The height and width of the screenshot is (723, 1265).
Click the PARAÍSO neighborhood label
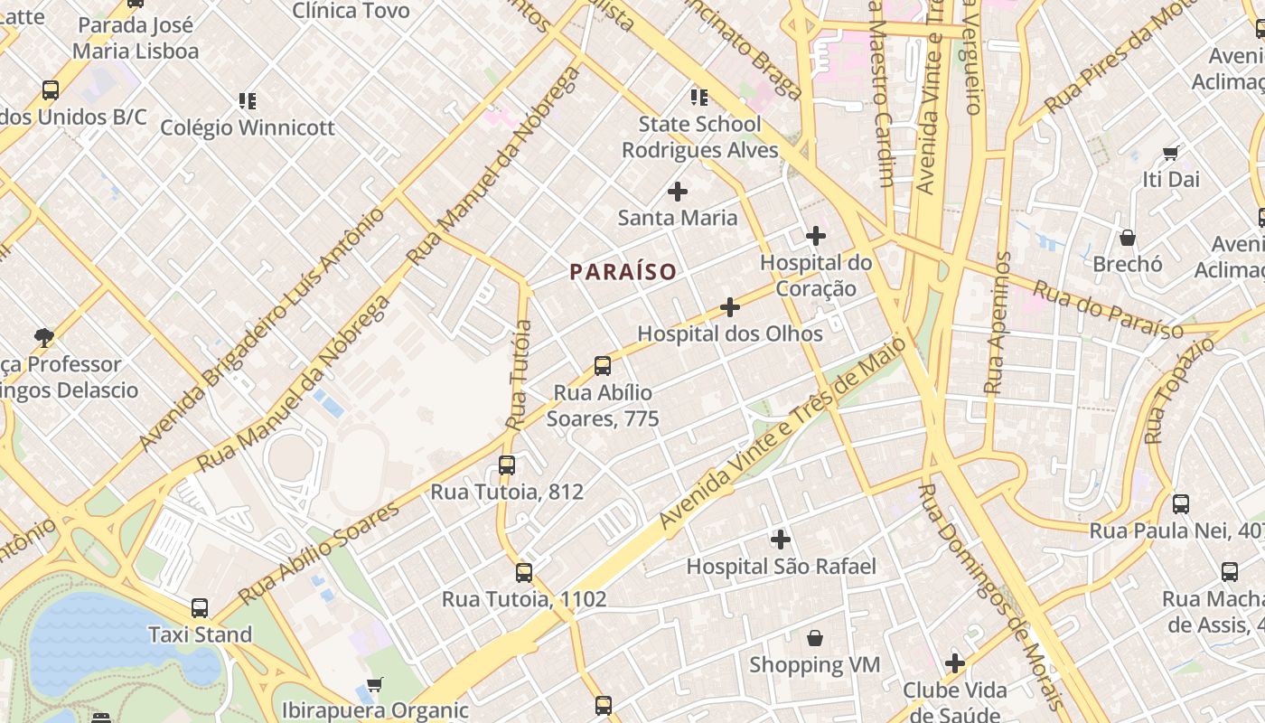pos(623,271)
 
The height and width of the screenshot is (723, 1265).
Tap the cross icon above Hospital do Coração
pos(816,236)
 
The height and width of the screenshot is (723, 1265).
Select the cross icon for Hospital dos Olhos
pos(730,307)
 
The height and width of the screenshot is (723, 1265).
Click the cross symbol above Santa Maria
pos(677,191)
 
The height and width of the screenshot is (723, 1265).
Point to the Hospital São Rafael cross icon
pos(781,540)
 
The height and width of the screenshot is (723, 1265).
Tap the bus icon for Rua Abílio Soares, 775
pos(603,366)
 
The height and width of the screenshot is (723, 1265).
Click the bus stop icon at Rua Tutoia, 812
pos(507,465)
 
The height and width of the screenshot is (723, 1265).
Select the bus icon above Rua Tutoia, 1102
pos(524,572)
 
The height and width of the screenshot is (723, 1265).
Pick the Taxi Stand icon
pos(200,608)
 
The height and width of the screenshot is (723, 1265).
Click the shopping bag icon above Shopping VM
pos(815,638)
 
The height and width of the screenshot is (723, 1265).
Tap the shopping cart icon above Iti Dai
pos(1171,153)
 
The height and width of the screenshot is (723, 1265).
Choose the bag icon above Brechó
pos(1128,238)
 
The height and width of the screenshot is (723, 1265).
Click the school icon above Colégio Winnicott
pos(248,100)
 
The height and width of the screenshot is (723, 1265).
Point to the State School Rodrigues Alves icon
pos(699,97)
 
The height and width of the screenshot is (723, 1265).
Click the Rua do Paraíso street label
pos(1108,310)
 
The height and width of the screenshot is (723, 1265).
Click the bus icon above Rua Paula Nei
pos(1181,504)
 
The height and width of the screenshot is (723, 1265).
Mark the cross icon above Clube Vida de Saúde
pos(955,664)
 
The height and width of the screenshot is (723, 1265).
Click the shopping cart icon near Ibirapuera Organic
pos(375,684)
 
